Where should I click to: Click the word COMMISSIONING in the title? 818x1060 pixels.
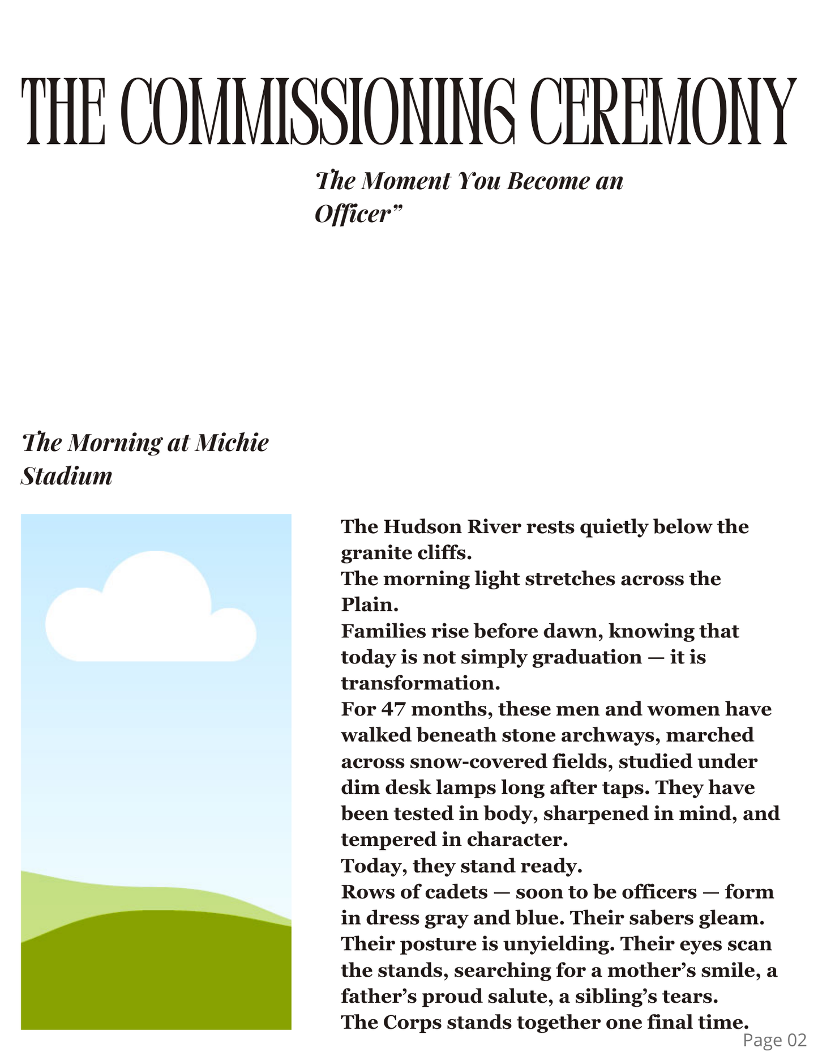[x=318, y=111]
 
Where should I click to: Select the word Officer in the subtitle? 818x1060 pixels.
[x=353, y=214]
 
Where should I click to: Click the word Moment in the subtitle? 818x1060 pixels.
[x=405, y=181]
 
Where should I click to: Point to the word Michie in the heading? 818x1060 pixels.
[x=232, y=442]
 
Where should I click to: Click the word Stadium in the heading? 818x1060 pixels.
[x=67, y=476]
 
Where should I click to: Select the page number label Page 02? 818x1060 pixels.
[x=774, y=1040]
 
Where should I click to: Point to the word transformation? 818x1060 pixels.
[x=419, y=683]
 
